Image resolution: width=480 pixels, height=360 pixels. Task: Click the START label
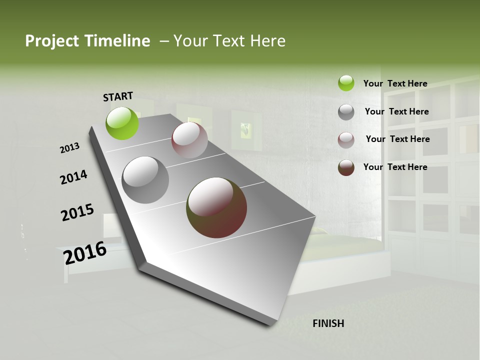(x=118, y=96)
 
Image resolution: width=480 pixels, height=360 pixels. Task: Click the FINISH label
(x=328, y=323)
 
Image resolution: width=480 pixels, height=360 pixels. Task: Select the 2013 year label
(x=69, y=148)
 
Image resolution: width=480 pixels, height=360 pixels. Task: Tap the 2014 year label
(x=73, y=177)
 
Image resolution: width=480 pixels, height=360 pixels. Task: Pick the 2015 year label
(x=77, y=212)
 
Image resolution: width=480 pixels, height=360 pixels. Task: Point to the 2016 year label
(x=85, y=252)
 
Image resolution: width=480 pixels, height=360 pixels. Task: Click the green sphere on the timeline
(x=122, y=123)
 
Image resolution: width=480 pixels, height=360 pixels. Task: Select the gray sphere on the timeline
(x=145, y=179)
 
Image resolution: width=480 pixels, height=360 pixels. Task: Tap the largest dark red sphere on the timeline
(x=216, y=207)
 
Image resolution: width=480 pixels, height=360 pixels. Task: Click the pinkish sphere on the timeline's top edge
(x=189, y=140)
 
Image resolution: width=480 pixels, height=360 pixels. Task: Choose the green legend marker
(x=346, y=83)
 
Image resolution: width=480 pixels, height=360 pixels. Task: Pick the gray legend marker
(x=346, y=112)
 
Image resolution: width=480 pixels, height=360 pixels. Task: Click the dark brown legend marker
(x=346, y=167)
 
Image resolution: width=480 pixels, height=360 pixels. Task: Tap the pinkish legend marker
(x=346, y=139)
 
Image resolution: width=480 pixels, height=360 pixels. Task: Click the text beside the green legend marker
(x=395, y=83)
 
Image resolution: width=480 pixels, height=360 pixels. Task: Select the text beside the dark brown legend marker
(x=395, y=167)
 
